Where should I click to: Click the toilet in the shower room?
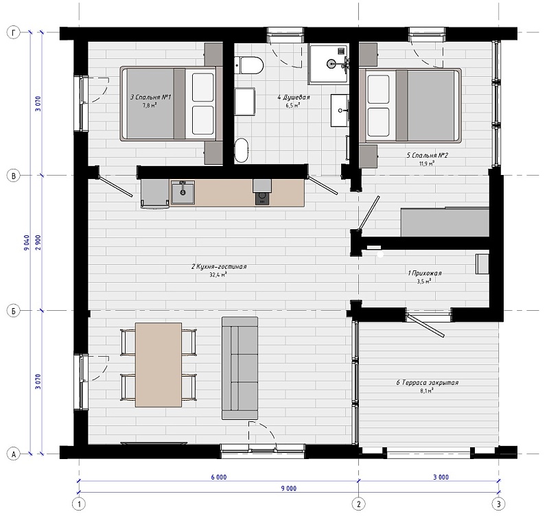[249, 65]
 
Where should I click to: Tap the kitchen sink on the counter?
[183, 192]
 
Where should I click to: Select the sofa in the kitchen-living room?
[240, 368]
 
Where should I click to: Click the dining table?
[159, 365]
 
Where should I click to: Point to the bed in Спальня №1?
[172, 104]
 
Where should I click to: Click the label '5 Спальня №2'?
[427, 156]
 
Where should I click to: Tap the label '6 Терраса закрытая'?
[427, 383]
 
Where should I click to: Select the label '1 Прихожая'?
[425, 273]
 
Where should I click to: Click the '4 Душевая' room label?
[294, 97]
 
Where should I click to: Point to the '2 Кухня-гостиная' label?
[219, 267]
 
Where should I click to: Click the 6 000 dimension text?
[219, 477]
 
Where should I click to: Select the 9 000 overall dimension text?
[289, 489]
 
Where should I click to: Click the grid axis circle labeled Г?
[14, 32]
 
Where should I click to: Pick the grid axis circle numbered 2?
[358, 504]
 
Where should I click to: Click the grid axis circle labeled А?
[14, 454]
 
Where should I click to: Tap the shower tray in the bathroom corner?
[329, 64]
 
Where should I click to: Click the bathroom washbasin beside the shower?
[340, 110]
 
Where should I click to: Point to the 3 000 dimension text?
[441, 477]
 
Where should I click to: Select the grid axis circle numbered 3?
[499, 504]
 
